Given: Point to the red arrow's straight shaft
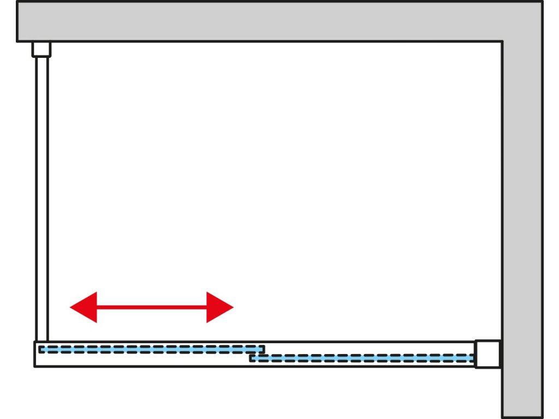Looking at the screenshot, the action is coord(152,307).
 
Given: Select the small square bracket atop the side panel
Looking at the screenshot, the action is coord(41,49).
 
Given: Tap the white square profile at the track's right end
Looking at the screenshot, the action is coord(487,354).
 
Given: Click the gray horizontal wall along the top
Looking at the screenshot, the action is coord(262,21).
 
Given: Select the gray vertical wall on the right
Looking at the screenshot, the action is coord(522,229).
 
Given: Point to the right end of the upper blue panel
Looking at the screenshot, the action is coord(263,349).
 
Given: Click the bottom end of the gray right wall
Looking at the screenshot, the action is coord(522,416).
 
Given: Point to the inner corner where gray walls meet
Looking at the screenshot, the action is coord(502,41).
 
